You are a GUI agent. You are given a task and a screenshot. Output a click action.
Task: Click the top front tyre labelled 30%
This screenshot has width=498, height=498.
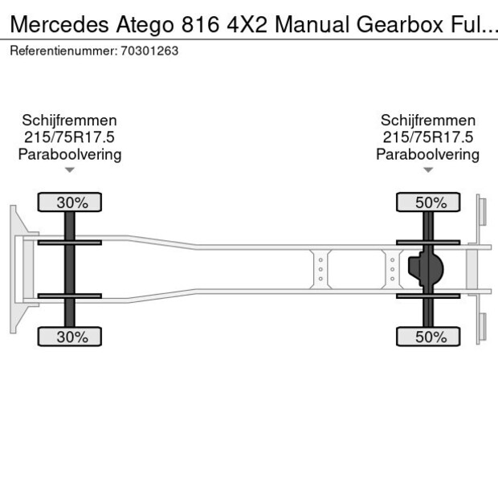[71, 203]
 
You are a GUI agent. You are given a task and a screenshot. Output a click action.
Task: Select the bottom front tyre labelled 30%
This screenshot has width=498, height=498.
[71, 337]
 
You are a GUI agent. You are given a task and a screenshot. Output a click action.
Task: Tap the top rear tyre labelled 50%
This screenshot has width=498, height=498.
[430, 203]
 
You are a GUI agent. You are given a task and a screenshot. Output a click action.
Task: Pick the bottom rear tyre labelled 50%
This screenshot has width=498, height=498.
[430, 337]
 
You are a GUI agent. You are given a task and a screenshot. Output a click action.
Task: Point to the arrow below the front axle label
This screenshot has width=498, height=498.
[70, 170]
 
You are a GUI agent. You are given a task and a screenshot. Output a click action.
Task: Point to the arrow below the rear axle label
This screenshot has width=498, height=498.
[428, 170]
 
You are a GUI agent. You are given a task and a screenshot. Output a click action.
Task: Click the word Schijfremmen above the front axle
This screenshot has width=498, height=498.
[70, 120]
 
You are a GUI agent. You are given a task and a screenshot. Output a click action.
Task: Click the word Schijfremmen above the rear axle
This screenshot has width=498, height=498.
[428, 120]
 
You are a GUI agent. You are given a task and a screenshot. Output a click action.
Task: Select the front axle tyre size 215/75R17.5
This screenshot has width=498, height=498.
[70, 137]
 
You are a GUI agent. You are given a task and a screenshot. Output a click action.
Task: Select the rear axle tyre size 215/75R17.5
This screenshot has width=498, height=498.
[428, 137]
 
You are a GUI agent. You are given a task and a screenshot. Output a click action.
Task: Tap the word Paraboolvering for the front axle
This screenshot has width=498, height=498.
[70, 154]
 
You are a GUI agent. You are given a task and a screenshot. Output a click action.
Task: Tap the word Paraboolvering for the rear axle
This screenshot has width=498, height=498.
[428, 154]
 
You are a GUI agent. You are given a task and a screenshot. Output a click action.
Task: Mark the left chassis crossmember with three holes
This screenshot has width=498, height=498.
[320, 269]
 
